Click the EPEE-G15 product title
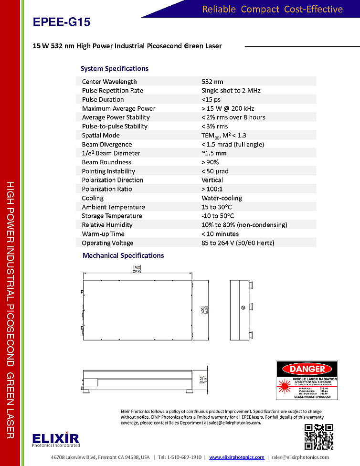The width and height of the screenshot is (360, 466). coord(62,22)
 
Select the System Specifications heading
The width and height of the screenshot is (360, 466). coord(115,68)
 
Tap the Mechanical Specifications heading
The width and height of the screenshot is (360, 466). coord(123,255)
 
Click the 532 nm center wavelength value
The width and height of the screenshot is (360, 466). coord(212,82)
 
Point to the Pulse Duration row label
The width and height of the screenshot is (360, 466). coord(103,99)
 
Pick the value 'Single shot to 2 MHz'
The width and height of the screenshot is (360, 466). coord(231,90)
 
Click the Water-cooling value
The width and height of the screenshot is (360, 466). coord(222,198)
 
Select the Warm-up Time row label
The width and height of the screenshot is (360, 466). coord(103,234)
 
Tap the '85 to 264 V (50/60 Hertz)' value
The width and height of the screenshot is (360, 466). coord(238,243)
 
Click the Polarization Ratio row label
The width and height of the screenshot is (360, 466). coord(107,189)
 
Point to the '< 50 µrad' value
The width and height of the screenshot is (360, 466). coord(215,171)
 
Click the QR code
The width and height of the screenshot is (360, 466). coord(319,437)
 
